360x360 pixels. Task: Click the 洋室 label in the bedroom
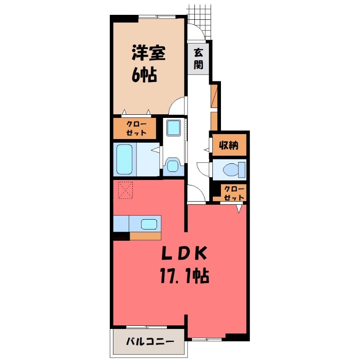click(148, 53)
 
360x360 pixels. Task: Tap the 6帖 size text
click(144, 75)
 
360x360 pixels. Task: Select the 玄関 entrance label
click(198, 59)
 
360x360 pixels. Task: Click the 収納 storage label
click(229, 145)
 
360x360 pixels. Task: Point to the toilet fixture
click(234, 170)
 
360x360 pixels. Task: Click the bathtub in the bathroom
click(125, 159)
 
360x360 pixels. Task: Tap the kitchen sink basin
click(149, 224)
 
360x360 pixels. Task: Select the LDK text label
click(184, 253)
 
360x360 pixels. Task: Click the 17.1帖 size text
click(184, 276)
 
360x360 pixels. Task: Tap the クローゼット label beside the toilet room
click(234, 193)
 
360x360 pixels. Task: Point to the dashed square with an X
click(126, 190)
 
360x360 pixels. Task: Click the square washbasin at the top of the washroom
click(174, 128)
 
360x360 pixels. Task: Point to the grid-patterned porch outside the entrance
click(199, 21)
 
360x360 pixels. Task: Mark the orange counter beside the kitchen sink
click(145, 236)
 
